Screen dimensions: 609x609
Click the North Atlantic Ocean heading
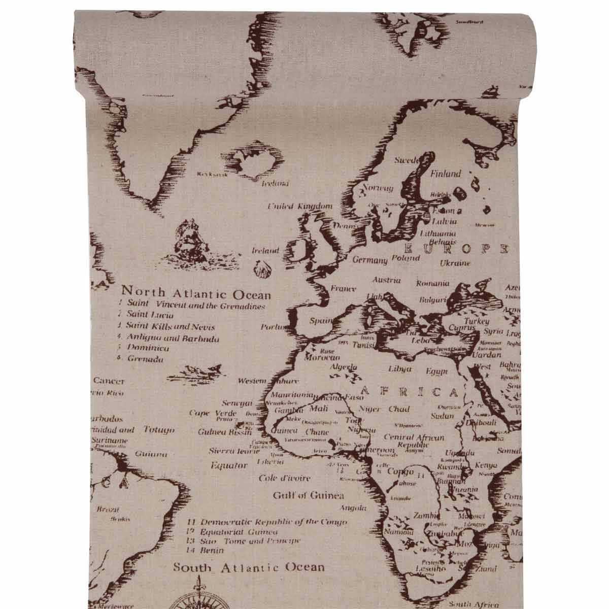click(x=196, y=293)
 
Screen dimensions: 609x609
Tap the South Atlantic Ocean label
click(x=249, y=567)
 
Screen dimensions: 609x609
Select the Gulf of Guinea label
click(x=308, y=496)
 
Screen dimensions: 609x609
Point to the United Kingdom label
click(x=300, y=206)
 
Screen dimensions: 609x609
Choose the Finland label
click(x=446, y=174)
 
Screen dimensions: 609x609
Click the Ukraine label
click(x=455, y=263)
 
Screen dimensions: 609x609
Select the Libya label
click(x=399, y=369)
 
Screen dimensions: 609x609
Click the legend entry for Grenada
click(x=145, y=359)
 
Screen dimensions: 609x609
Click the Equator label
click(x=229, y=465)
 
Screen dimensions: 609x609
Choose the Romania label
click(x=432, y=283)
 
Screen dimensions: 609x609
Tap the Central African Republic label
click(x=414, y=440)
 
